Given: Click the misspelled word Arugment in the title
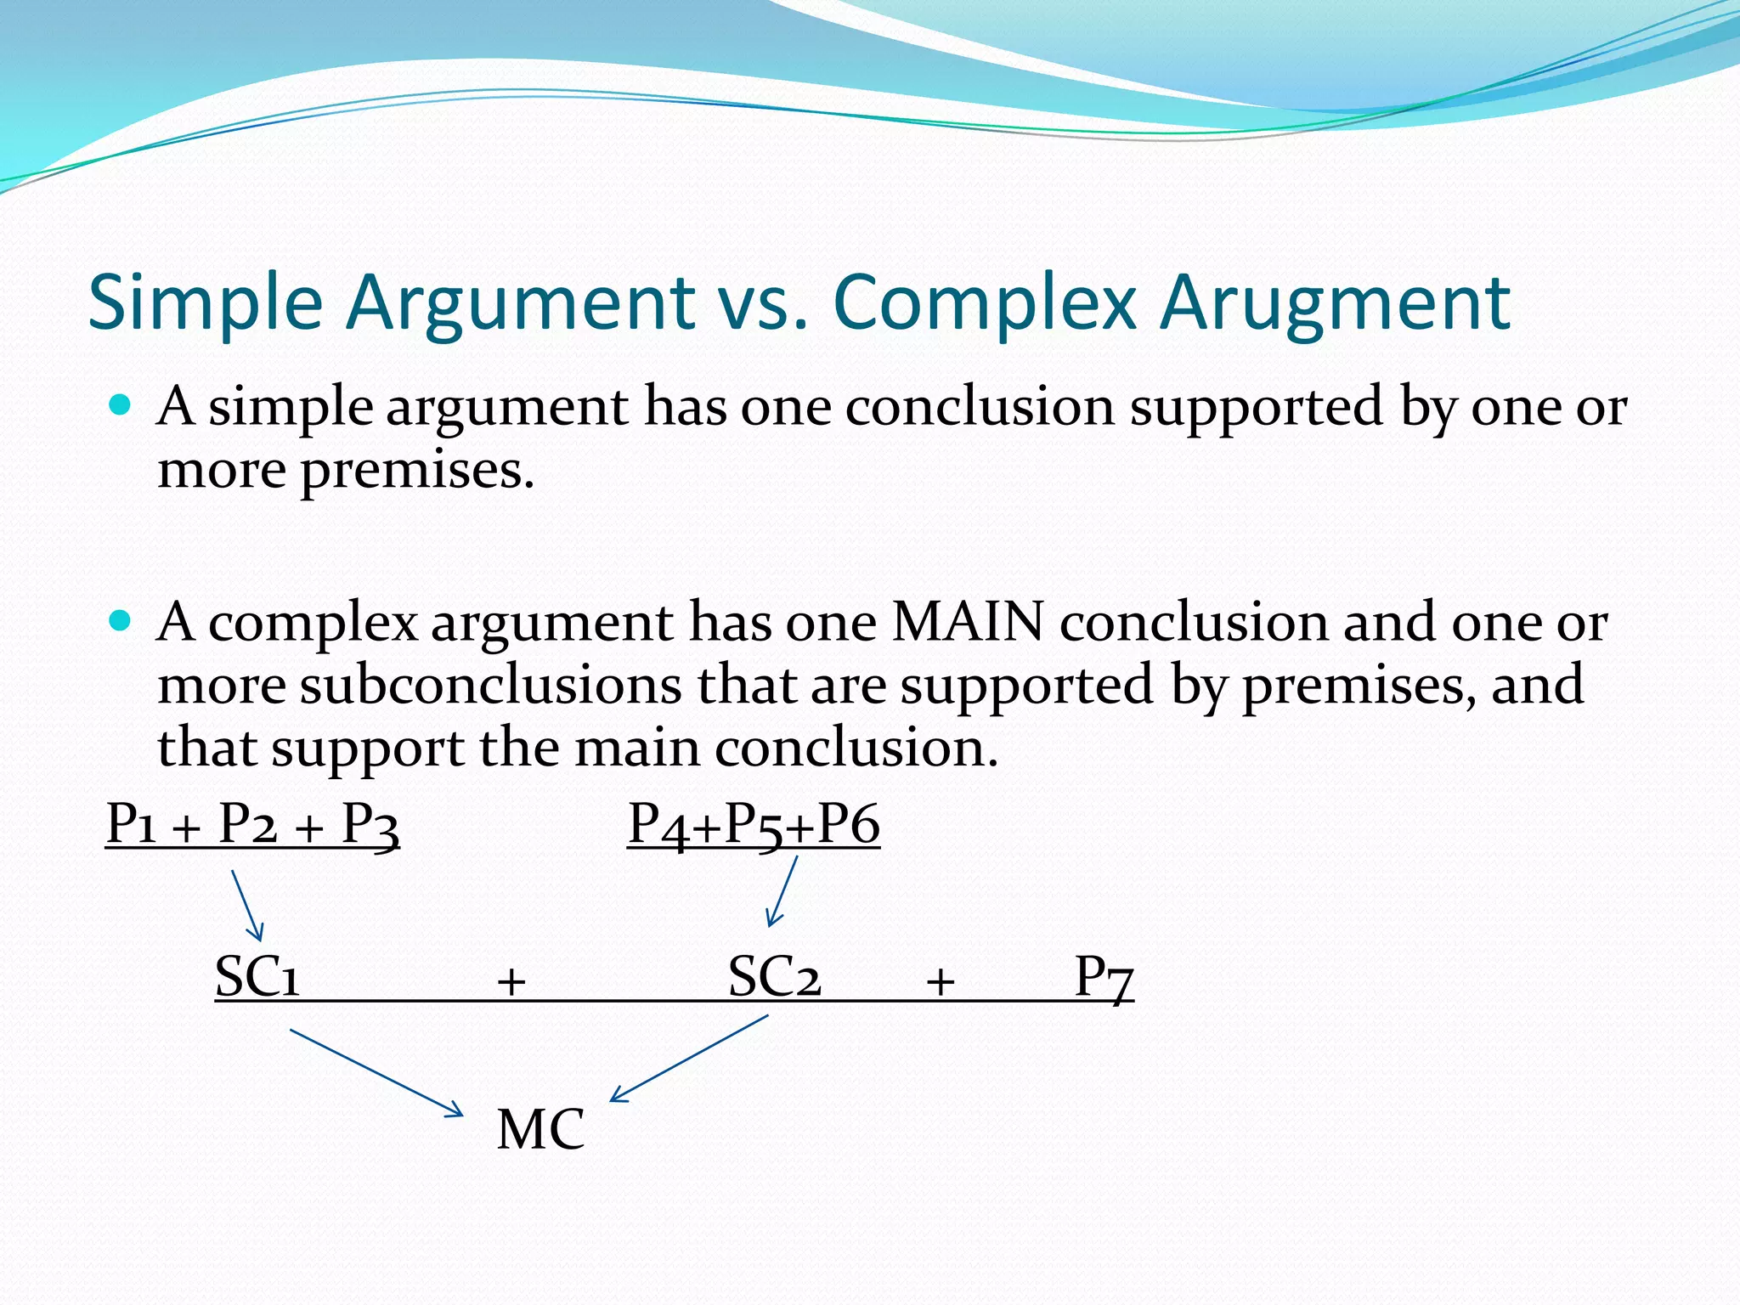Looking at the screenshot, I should (1335, 303).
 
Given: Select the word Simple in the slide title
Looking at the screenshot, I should (205, 303).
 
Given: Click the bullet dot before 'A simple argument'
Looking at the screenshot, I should (121, 404).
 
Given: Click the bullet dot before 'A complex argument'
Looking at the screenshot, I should (121, 621).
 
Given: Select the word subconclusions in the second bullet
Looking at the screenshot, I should (490, 685).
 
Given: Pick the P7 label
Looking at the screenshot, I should (1103, 977).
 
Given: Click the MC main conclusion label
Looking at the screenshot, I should (540, 1129).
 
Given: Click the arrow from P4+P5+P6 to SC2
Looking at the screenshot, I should (782, 890).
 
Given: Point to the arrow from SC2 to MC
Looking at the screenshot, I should (689, 1059).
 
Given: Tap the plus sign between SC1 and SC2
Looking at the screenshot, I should (511, 982).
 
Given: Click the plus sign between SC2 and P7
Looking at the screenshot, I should (940, 982).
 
